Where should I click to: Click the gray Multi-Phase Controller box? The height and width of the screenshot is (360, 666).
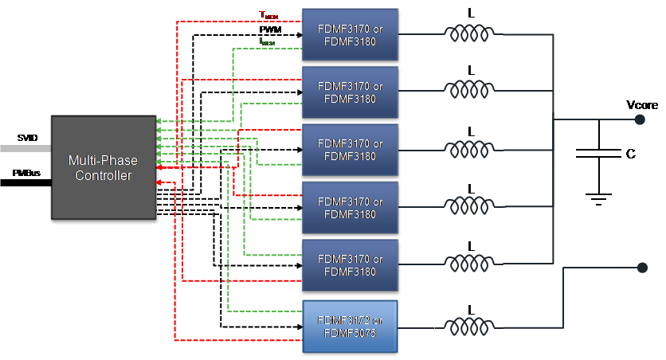click(x=104, y=167)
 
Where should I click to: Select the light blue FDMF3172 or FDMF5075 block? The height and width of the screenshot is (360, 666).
click(x=350, y=327)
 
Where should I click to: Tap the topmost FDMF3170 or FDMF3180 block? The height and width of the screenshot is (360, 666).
click(x=350, y=34)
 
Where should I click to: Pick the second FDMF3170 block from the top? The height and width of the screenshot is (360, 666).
click(x=350, y=92)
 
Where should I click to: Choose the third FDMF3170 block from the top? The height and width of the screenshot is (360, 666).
click(x=350, y=150)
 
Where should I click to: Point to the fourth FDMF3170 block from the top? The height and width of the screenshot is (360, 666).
click(x=350, y=207)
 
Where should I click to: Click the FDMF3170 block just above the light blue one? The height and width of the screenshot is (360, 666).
click(x=350, y=264)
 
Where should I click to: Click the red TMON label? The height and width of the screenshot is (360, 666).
click(x=268, y=15)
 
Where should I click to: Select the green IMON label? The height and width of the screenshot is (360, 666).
click(x=267, y=41)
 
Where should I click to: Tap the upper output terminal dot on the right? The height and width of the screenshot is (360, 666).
click(x=639, y=119)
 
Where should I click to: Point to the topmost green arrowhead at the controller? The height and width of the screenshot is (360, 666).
click(x=159, y=122)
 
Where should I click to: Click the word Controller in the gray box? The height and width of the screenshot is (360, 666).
click(x=104, y=175)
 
